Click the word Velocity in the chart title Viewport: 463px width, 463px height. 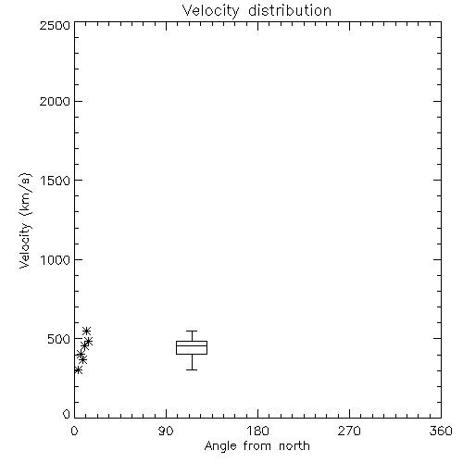pyautogui.click(x=210, y=11)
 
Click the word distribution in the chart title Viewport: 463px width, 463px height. pyautogui.click(x=290, y=10)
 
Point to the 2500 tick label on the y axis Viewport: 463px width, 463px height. pyautogui.click(x=55, y=25)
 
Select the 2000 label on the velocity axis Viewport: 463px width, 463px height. pyautogui.click(x=55, y=101)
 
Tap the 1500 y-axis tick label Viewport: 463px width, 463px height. pyautogui.click(x=56, y=181)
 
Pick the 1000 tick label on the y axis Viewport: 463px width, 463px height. pyautogui.click(x=56, y=260)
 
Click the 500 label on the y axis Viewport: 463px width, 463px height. pyautogui.click(x=59, y=339)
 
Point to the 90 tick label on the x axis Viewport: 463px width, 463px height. pyautogui.click(x=166, y=431)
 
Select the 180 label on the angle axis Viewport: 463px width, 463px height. pyautogui.click(x=257, y=431)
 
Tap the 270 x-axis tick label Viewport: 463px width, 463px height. pyautogui.click(x=349, y=431)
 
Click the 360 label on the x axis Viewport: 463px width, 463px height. pyautogui.click(x=441, y=431)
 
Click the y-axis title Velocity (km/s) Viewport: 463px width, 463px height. pyautogui.click(x=25, y=220)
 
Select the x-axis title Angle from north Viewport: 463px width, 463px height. pyautogui.click(x=257, y=446)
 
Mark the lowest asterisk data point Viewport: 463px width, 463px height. pyautogui.click(x=79, y=369)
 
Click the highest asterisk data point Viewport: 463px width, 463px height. pyautogui.click(x=87, y=331)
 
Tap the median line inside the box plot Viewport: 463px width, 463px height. pyautogui.click(x=192, y=345)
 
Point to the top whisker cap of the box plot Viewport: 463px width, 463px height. pyautogui.click(x=192, y=332)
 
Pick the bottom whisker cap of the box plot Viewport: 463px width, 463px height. pyautogui.click(x=192, y=369)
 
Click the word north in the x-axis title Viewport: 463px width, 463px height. pyautogui.click(x=294, y=445)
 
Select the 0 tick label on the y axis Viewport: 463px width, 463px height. pyautogui.click(x=67, y=414)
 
